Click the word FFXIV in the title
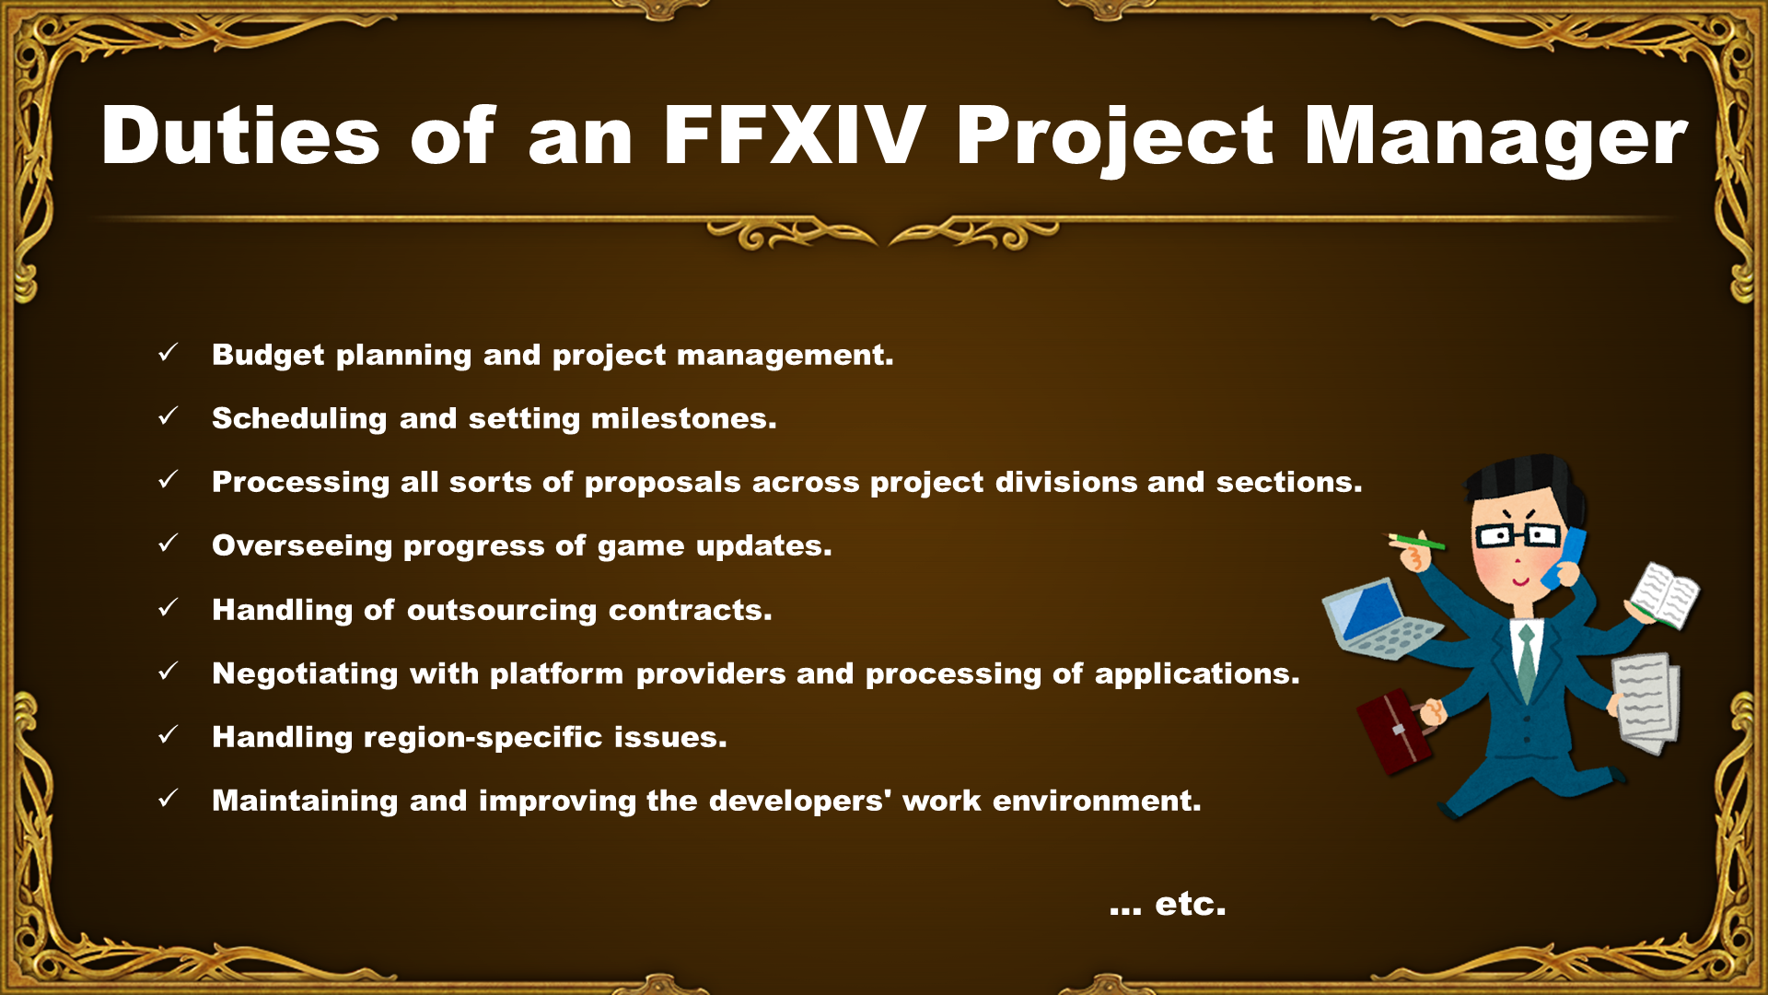click(x=794, y=135)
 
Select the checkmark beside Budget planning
click(x=168, y=353)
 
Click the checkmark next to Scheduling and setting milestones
click(x=168, y=416)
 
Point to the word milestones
click(x=683, y=419)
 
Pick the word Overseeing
click(x=302, y=546)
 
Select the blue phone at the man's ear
click(x=1565, y=557)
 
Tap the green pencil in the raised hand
click(x=1416, y=542)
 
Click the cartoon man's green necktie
click(x=1527, y=662)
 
